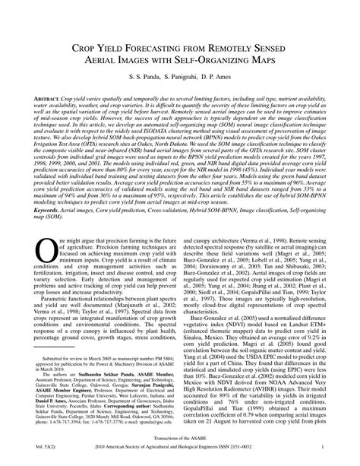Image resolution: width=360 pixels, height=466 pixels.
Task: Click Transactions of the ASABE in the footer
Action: tap(180, 453)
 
